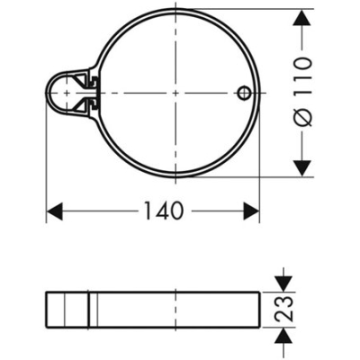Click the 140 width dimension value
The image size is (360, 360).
163,211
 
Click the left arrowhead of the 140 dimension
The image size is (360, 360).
53,211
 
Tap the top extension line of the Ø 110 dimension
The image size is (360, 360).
261,10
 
